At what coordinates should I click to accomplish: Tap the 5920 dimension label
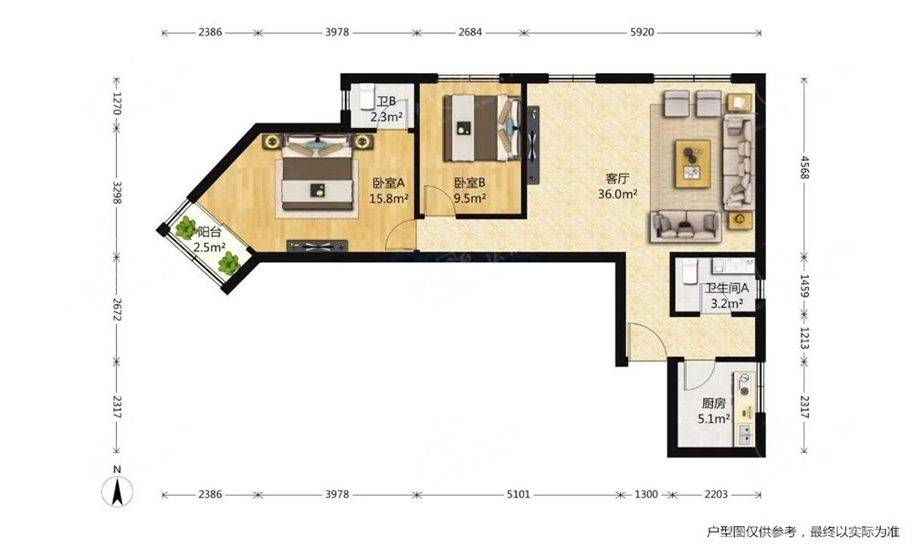[x=642, y=33]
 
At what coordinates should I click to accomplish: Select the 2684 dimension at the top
[x=470, y=33]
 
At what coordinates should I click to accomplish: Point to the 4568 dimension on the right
[x=804, y=167]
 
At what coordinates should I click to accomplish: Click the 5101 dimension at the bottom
[x=519, y=494]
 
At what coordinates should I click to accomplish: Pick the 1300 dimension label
[x=645, y=494]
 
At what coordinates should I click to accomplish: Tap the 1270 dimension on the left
[x=117, y=103]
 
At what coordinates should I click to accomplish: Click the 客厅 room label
[x=617, y=179]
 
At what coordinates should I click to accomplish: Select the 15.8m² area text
[x=388, y=198]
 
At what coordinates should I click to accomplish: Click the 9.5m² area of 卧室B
[x=470, y=198]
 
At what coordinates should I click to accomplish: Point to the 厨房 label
[x=713, y=403]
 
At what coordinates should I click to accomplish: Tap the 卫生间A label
[x=726, y=289]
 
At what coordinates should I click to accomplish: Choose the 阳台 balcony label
[x=209, y=232]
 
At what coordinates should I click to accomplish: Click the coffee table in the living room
[x=692, y=163]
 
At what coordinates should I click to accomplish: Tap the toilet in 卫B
[x=366, y=96]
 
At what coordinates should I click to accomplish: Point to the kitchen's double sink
[x=745, y=435]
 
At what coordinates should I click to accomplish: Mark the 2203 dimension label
[x=716, y=494]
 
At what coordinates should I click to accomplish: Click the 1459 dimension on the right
[x=804, y=286]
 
